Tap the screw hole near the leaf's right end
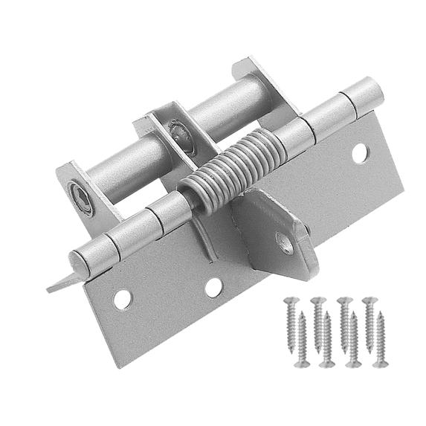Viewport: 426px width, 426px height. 359,154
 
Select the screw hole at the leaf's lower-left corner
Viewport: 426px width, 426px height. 121,300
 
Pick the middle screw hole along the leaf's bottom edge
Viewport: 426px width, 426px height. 214,287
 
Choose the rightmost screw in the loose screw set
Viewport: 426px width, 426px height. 381,338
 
